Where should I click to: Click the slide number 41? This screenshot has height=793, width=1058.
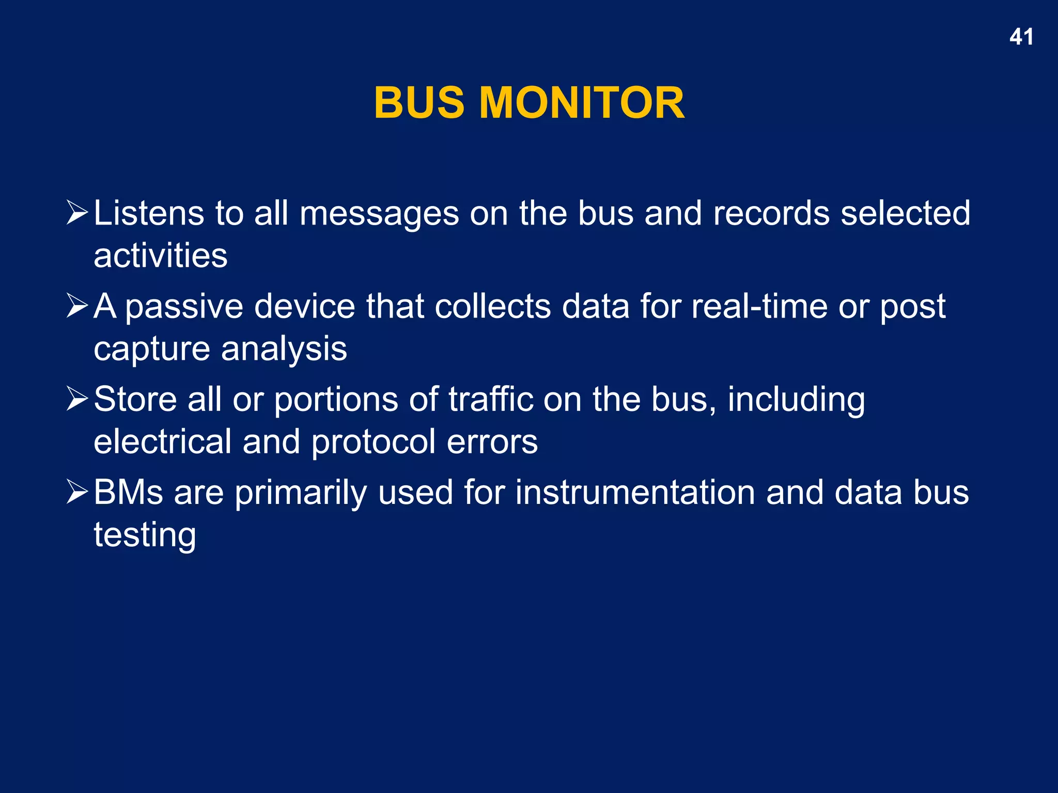[x=1021, y=37]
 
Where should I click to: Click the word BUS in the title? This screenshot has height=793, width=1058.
[x=419, y=103]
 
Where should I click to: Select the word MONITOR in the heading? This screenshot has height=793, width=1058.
[x=582, y=103]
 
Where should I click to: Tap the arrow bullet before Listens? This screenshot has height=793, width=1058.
[x=77, y=213]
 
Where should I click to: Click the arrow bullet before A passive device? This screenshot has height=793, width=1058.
[x=77, y=306]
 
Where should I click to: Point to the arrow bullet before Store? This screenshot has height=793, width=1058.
[x=77, y=399]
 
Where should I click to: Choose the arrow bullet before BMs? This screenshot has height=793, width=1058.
[x=77, y=492]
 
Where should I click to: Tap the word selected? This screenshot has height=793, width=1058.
[x=905, y=213]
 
